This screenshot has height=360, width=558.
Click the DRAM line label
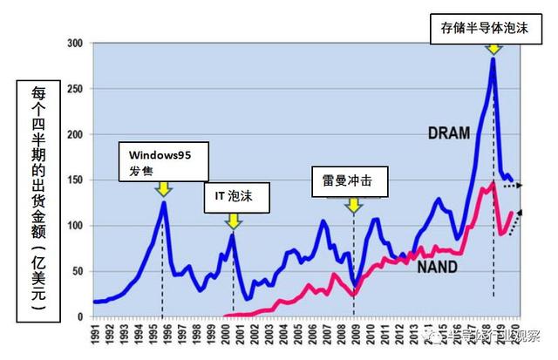[450, 132]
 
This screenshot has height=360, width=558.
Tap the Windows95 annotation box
[163, 161]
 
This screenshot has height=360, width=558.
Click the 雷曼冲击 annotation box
[350, 183]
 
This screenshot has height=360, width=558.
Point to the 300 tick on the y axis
[78, 43]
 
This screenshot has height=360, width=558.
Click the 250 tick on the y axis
[78, 89]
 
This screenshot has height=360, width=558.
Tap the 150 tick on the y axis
[78, 180]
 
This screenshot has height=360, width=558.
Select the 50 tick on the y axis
[79, 272]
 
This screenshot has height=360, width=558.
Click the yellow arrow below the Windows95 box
[163, 189]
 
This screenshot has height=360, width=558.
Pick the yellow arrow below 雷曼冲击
[353, 206]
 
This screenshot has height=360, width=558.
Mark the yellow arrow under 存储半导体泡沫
[493, 47]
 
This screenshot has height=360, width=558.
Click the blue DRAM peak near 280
[493, 59]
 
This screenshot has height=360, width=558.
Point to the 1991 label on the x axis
[95, 335]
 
